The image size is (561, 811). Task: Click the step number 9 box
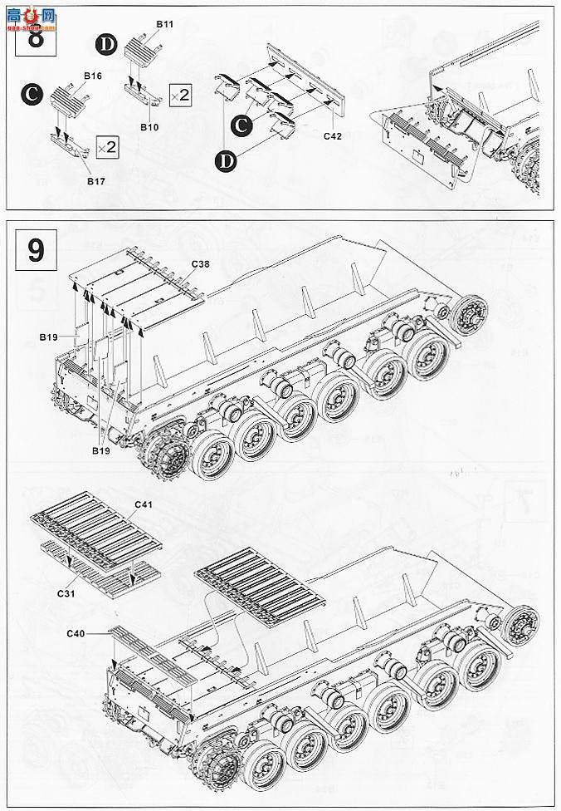[36, 250]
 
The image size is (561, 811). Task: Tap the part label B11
[164, 26]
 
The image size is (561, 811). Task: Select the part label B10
[149, 126]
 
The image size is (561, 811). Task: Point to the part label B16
[92, 76]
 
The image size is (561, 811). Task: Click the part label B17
[98, 179]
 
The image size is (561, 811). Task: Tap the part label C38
[200, 263]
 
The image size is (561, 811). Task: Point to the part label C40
[76, 634]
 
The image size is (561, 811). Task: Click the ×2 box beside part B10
[180, 94]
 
